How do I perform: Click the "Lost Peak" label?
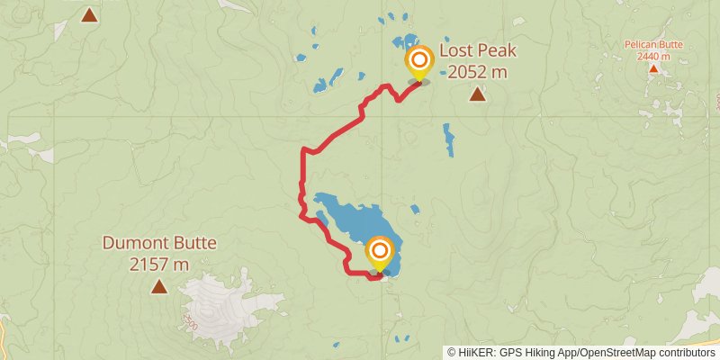(x=477, y=51)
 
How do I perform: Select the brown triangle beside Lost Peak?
(x=477, y=94)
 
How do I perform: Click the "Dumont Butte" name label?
(x=159, y=243)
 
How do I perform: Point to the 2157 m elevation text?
(x=159, y=264)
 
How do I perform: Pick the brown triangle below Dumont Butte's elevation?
(x=159, y=287)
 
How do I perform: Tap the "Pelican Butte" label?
(x=653, y=44)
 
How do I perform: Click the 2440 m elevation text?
(x=653, y=56)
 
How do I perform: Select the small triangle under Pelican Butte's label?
(x=653, y=68)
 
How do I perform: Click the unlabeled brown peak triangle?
(x=89, y=14)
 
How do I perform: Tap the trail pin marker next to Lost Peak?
(x=419, y=62)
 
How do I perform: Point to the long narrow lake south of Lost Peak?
(x=448, y=139)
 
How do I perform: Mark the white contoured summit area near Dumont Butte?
(x=216, y=301)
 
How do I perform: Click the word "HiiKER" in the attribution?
(x=474, y=353)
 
